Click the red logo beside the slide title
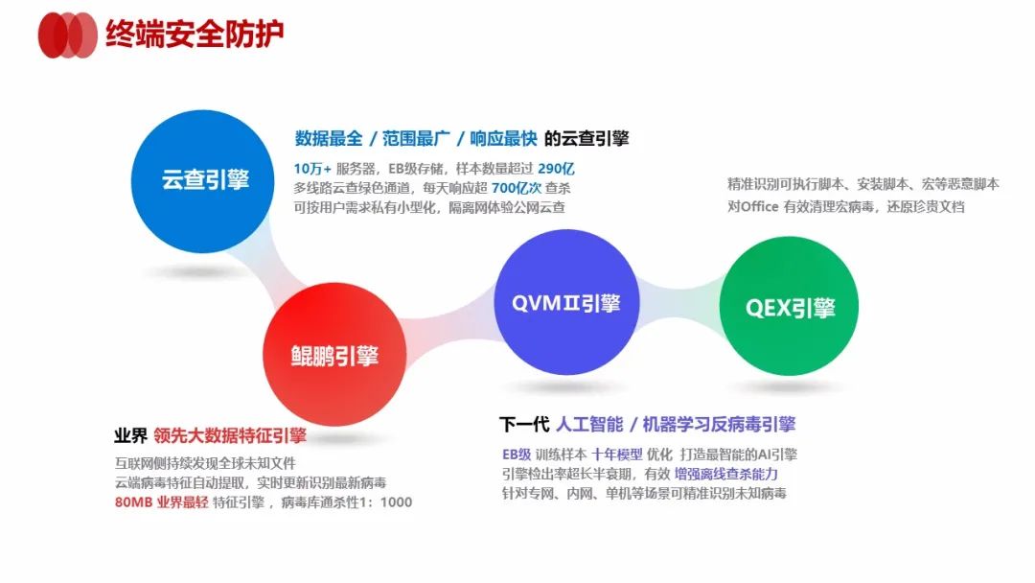click(x=67, y=35)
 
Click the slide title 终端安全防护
click(x=195, y=35)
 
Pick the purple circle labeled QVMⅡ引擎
click(x=564, y=303)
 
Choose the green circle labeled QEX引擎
click(x=790, y=308)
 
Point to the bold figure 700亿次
click(x=523, y=187)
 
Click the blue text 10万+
click(x=312, y=168)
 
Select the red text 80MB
click(x=133, y=501)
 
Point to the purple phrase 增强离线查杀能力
click(x=724, y=474)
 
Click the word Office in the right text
click(x=770, y=206)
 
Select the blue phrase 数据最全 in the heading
click(x=329, y=138)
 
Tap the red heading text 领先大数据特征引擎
click(x=229, y=435)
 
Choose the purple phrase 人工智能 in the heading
click(x=589, y=424)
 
